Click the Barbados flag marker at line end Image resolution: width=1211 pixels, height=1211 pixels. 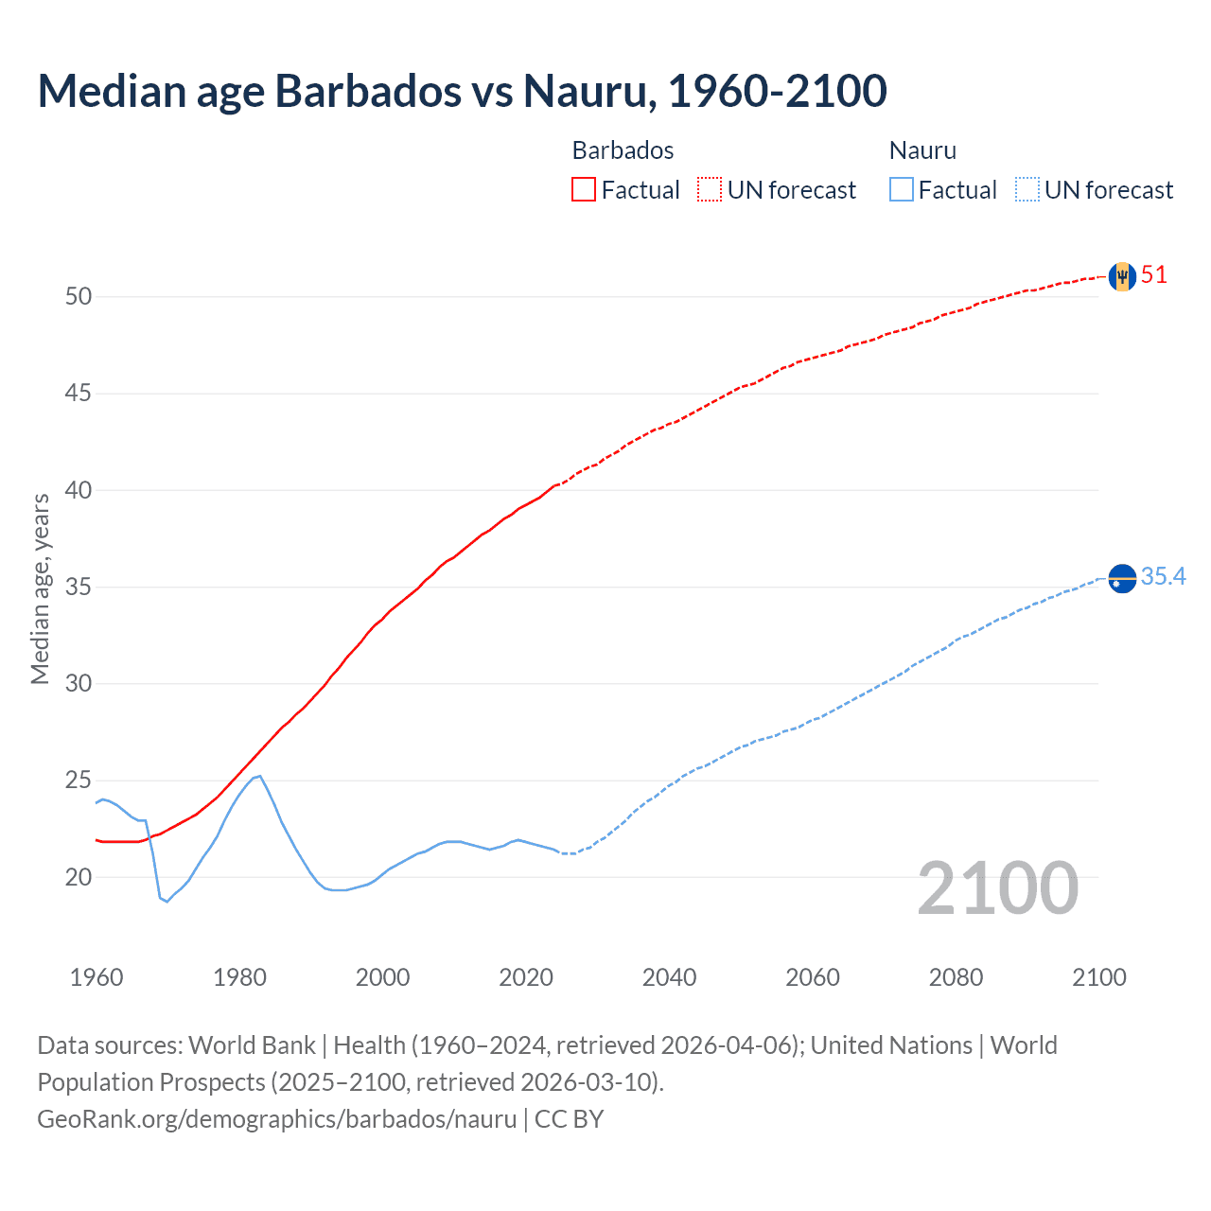tap(1122, 276)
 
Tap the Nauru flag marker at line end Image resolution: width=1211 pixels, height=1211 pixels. tap(1122, 577)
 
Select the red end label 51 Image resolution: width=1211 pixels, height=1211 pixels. tap(1154, 275)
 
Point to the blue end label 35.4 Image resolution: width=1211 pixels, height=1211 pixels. tap(1164, 576)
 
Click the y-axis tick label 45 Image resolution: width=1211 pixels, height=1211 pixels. tap(79, 393)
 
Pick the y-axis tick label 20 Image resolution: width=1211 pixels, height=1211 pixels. tap(79, 877)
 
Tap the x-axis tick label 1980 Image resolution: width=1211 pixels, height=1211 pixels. tap(239, 977)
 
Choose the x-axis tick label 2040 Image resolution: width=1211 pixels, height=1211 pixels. tap(669, 977)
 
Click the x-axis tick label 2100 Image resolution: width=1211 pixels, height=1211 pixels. tap(1099, 977)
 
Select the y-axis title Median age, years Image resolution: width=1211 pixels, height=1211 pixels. tap(40, 588)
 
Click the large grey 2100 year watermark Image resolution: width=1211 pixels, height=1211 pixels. tap(998, 888)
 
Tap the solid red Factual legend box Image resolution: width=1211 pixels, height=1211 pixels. tap(584, 190)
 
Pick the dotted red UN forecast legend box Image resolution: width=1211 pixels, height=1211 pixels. tap(710, 190)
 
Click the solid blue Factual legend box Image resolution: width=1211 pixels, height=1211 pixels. tap(902, 190)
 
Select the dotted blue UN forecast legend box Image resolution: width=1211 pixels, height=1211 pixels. tap(1027, 190)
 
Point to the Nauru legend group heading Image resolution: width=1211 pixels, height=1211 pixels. tap(922, 150)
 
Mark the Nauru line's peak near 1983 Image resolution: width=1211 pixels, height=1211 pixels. tap(260, 776)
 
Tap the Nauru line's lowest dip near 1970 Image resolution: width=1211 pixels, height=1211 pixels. tap(167, 902)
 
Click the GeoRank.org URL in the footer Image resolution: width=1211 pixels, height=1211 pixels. tap(276, 1119)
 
